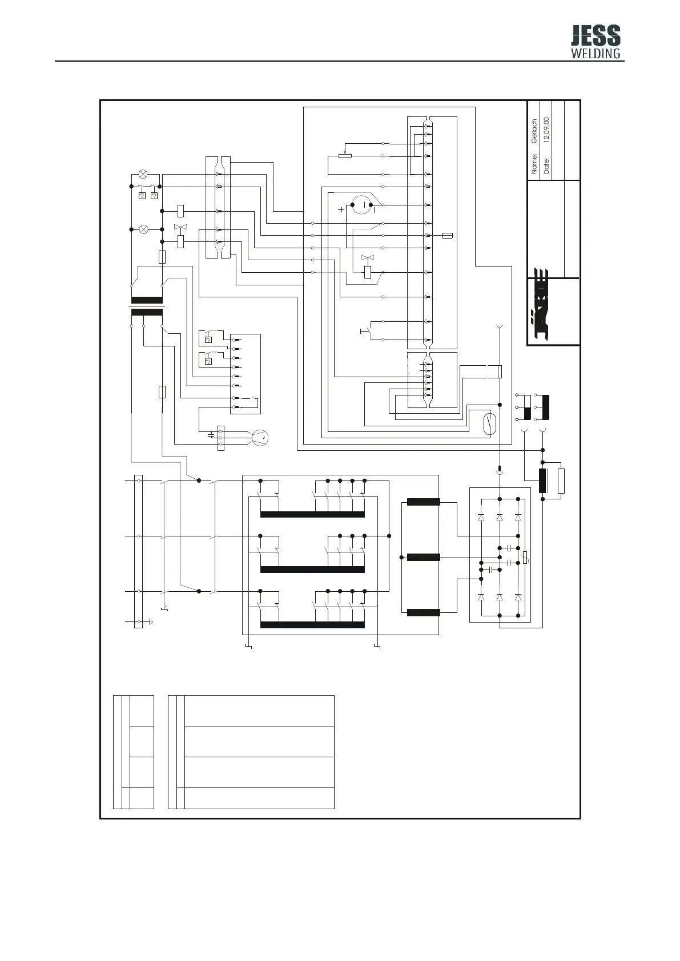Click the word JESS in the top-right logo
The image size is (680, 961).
pos(595,35)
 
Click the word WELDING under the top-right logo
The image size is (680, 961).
pos(595,53)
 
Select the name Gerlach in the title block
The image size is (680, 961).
pos(534,131)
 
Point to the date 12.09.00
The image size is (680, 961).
pos(546,130)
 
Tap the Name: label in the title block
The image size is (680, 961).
pos(534,163)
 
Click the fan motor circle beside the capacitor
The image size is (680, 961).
pos(260,437)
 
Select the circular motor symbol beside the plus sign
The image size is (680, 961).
pos(362,205)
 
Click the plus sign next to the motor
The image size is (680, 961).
pos(341,210)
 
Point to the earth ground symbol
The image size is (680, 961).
pos(151,621)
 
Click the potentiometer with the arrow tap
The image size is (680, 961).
pos(345,155)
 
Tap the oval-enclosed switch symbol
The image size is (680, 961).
pos(490,424)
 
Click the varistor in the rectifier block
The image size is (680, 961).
pos(525,558)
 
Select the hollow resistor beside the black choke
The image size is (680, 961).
pos(561,481)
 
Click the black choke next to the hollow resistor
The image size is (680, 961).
pos(542,481)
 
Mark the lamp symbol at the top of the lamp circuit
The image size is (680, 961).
pos(143,174)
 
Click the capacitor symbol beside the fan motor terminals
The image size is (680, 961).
pos(211,435)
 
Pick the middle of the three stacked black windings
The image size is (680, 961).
pos(423,558)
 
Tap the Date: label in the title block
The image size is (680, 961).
pos(546,166)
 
